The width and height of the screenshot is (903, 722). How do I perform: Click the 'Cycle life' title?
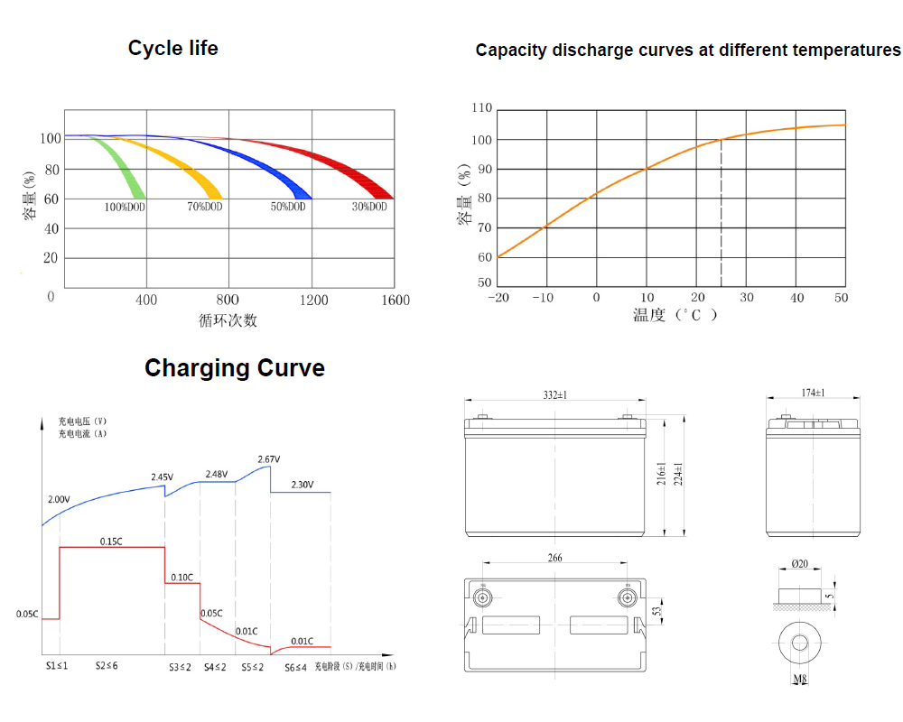coord(172,48)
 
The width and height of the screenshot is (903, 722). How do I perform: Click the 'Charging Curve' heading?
coord(235,368)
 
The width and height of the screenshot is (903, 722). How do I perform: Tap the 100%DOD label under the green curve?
coord(125,208)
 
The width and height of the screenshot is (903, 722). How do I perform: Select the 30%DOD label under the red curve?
coord(369,208)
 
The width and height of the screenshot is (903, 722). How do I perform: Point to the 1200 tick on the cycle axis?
coord(313,301)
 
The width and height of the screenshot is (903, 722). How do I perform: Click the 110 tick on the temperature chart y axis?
coord(481,108)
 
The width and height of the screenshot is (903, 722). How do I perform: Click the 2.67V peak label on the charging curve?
coord(269,459)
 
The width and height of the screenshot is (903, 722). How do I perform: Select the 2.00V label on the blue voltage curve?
coord(59,499)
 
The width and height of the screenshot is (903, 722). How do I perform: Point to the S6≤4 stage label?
coord(296,667)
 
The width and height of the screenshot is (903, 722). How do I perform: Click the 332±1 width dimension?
coord(556,395)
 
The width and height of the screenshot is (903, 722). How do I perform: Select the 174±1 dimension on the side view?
coord(813,393)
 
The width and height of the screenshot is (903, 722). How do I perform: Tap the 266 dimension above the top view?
coord(554,559)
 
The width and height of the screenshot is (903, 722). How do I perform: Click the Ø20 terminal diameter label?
coord(799,564)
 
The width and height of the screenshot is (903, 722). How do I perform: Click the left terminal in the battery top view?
coord(483,597)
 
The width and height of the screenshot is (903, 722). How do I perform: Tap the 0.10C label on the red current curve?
coord(181,577)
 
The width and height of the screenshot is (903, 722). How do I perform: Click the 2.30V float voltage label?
coord(303,485)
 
